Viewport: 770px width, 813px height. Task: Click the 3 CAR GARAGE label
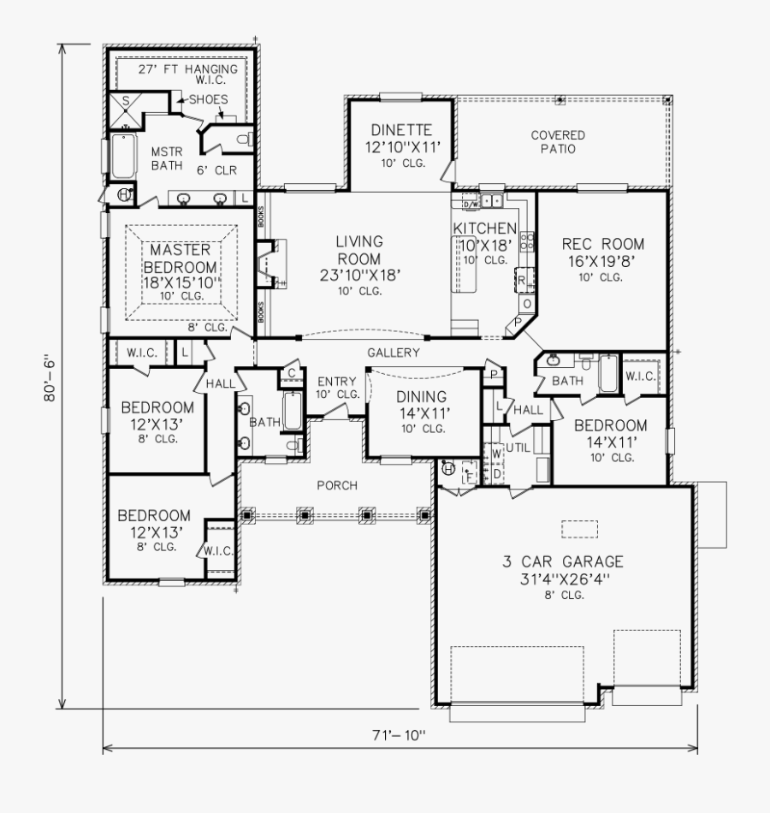[562, 562]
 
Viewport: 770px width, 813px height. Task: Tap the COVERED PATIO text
[558, 142]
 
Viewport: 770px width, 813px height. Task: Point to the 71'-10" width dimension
[398, 733]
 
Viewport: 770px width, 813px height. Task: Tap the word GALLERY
[394, 353]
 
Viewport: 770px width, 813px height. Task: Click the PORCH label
[336, 486]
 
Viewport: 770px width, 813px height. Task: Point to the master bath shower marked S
[125, 100]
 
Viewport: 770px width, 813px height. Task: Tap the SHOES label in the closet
[208, 100]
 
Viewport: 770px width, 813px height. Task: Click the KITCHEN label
[485, 228]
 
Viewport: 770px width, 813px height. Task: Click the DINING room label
[421, 396]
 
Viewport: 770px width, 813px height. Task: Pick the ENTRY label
[337, 382]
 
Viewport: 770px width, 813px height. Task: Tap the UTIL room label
[518, 448]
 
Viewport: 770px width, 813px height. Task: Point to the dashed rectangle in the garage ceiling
[579, 529]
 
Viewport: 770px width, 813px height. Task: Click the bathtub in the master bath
[123, 155]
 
